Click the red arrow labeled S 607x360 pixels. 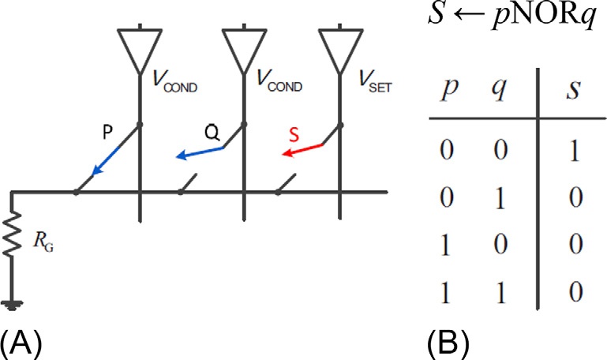coord(302,150)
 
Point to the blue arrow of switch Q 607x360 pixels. coord(200,152)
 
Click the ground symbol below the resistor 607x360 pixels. coord(12,306)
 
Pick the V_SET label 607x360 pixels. coord(375,81)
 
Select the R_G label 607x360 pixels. coord(43,242)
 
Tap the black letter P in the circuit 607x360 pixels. coord(107,133)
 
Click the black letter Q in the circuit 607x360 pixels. coord(212,133)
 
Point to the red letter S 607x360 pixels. coord(294,136)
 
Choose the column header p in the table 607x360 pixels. coord(450,92)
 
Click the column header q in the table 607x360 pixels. coord(500,90)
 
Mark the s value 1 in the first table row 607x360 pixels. coord(574,150)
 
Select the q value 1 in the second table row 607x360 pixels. coord(500,198)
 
